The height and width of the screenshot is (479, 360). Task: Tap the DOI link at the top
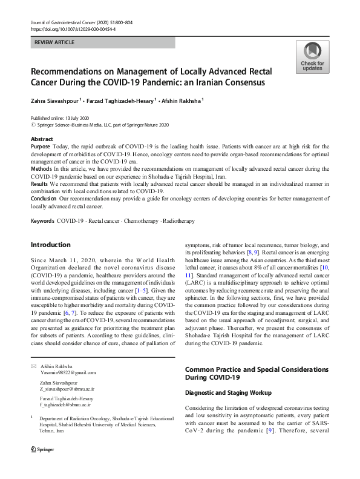tap(73, 28)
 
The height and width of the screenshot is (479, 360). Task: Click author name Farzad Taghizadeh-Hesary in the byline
tap(124, 101)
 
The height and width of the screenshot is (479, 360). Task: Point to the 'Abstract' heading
tap(42, 139)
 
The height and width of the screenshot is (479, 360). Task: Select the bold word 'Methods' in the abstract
tap(42, 168)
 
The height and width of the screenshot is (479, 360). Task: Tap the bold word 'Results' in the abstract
tap(41, 182)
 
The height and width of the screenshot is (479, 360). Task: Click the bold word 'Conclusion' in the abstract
tap(44, 197)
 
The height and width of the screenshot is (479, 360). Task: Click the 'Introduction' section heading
tap(50, 245)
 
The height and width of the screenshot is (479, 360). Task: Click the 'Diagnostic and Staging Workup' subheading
tap(229, 393)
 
